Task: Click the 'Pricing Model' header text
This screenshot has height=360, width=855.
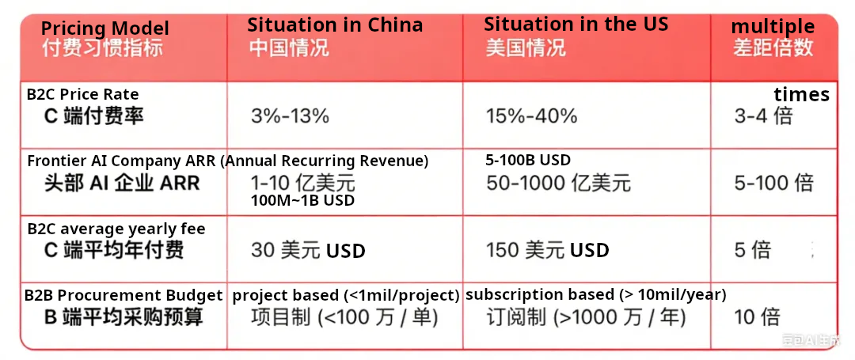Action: click(x=105, y=28)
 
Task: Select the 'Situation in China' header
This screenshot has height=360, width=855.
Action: click(x=335, y=25)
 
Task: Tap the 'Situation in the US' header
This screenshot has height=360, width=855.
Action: click(x=576, y=24)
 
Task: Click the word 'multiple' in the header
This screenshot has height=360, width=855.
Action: click(x=773, y=26)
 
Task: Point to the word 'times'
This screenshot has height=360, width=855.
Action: click(x=801, y=94)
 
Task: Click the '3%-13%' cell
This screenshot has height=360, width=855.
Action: click(x=290, y=116)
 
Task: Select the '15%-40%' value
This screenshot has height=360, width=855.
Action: click(x=531, y=116)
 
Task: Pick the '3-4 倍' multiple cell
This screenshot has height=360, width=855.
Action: click(x=763, y=116)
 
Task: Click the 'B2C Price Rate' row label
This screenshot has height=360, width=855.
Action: click(x=82, y=94)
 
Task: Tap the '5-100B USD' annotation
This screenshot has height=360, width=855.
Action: click(x=528, y=160)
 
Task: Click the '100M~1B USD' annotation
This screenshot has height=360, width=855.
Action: click(x=302, y=200)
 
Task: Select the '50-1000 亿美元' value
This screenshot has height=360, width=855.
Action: click(x=558, y=183)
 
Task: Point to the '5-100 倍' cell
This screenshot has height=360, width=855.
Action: click(x=773, y=183)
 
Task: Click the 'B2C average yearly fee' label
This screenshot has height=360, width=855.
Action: click(x=116, y=229)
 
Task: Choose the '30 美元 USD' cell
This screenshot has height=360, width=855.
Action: click(x=308, y=251)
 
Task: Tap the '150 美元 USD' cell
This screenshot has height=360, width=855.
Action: click(x=548, y=251)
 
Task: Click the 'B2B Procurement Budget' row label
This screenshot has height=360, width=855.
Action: click(x=123, y=295)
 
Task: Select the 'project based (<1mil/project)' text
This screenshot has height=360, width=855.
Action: click(x=346, y=295)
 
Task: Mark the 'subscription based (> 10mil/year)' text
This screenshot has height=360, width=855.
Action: click(x=596, y=294)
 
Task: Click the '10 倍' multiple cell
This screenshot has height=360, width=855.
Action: click(x=758, y=317)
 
